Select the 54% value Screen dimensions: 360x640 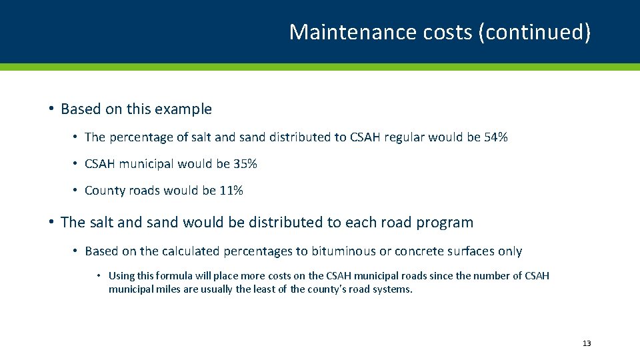click(x=495, y=137)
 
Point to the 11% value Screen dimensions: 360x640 click(x=231, y=191)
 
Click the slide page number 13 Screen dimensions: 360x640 click(x=587, y=343)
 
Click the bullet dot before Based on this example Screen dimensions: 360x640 click(x=51, y=109)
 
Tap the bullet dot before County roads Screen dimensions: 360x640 click(x=76, y=191)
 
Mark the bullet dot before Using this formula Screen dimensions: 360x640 click(x=99, y=275)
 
